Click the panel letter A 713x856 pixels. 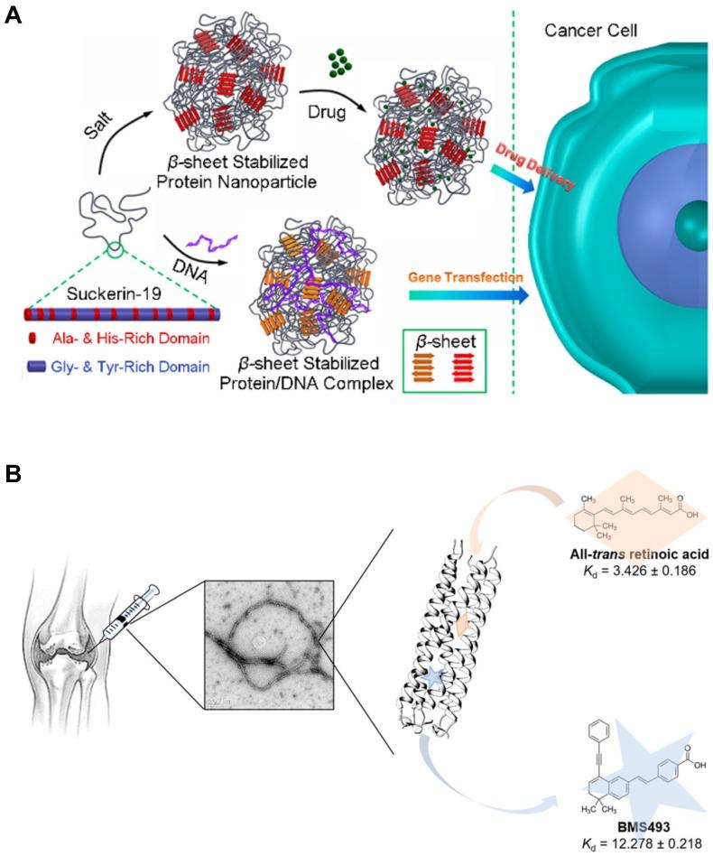[13, 15]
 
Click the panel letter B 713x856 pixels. [13, 472]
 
